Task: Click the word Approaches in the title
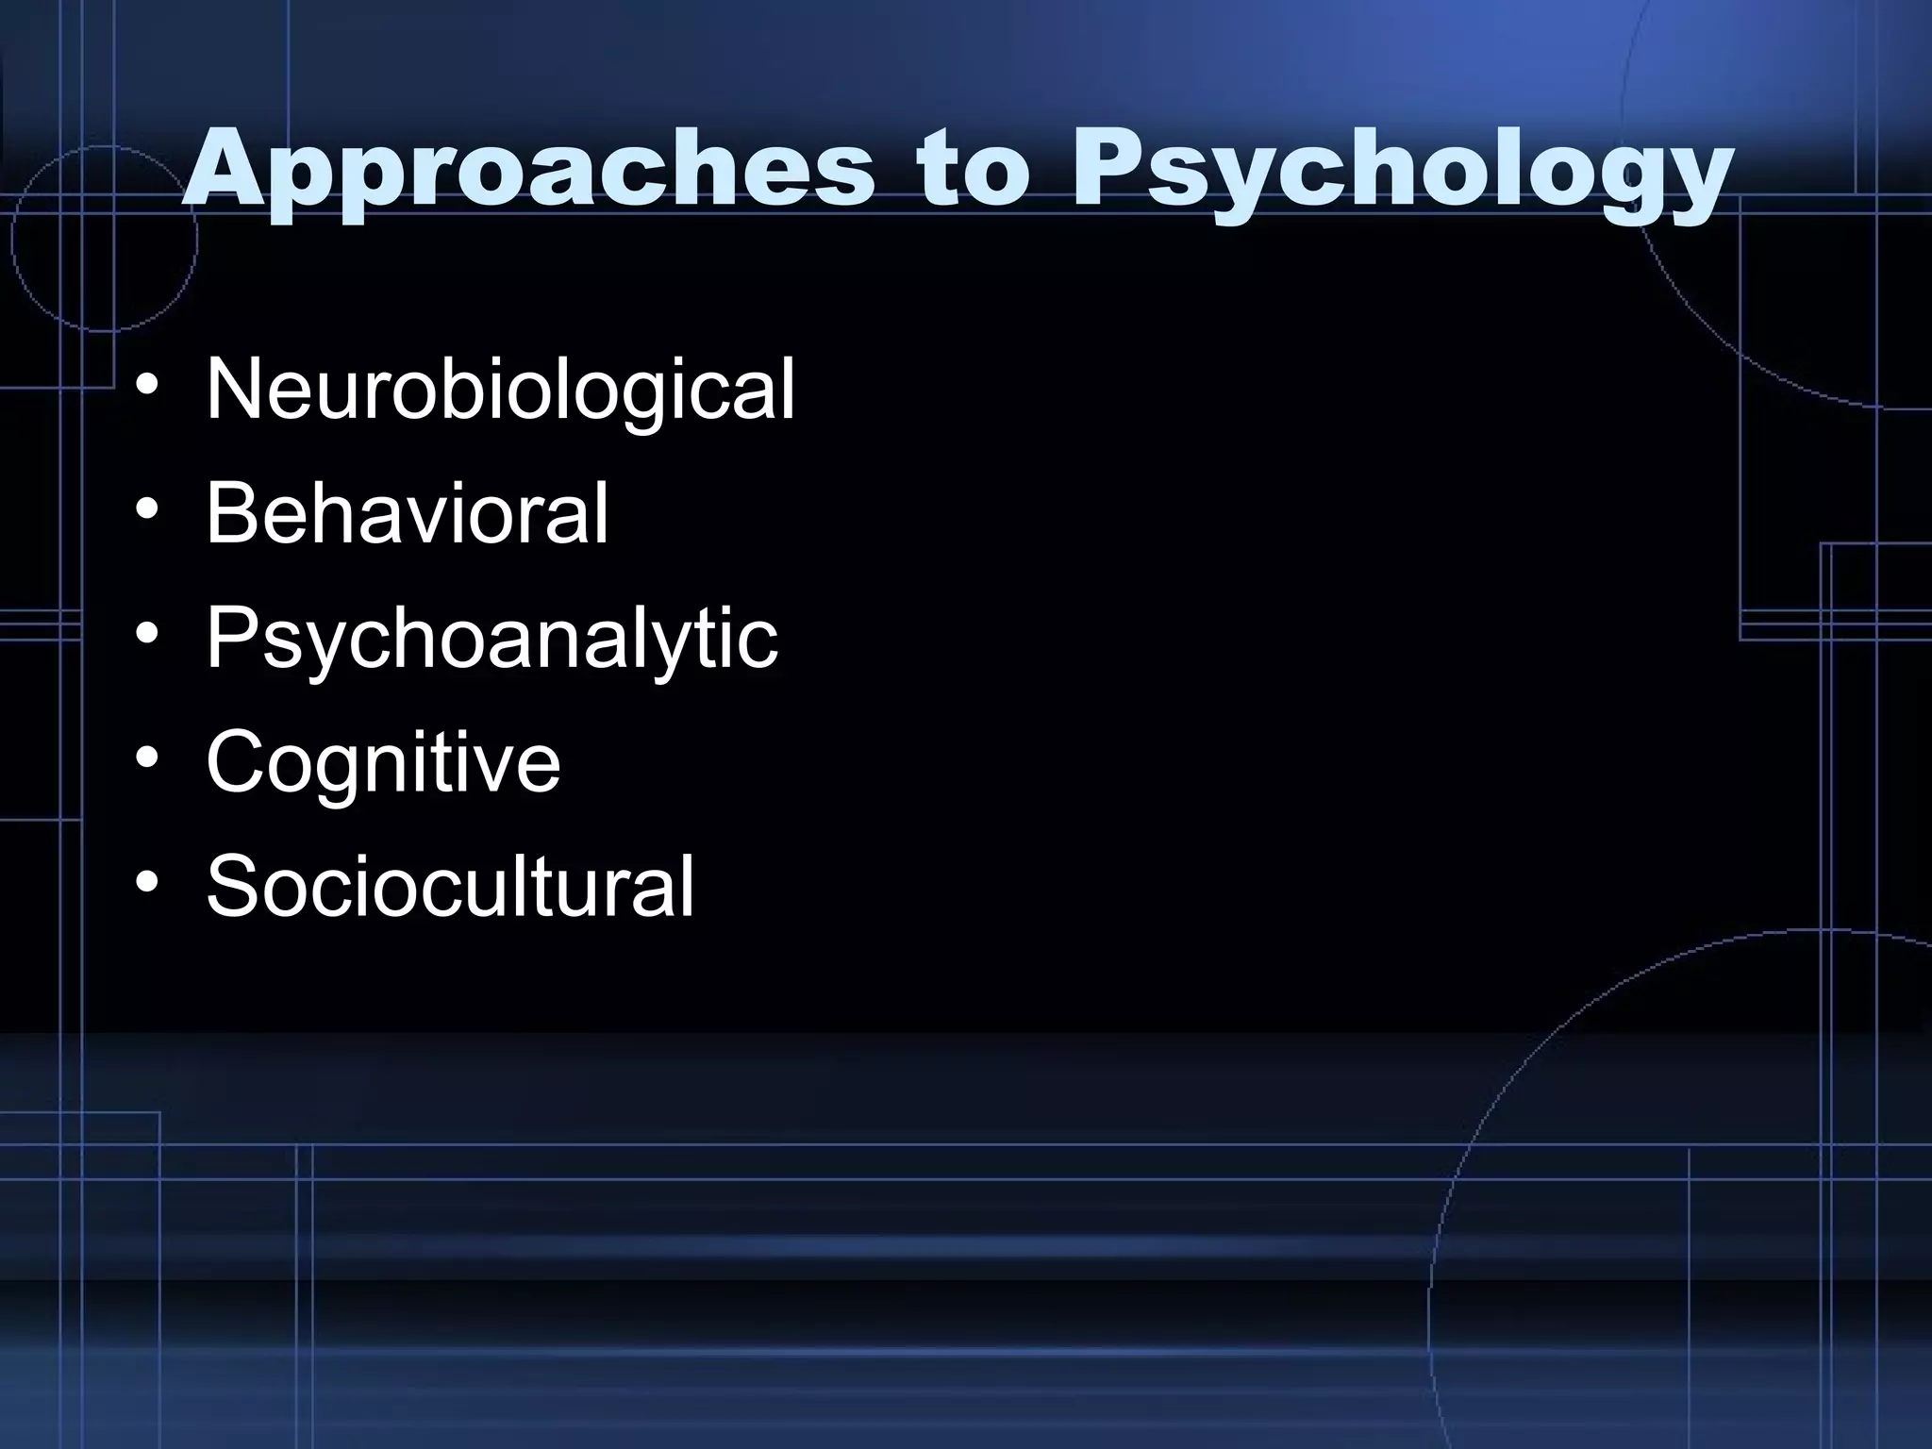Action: (528, 175)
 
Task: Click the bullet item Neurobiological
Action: (500, 390)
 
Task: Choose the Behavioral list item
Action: (407, 514)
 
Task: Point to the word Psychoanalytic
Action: (491, 639)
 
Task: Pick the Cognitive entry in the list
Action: (383, 762)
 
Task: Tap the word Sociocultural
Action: (450, 887)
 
